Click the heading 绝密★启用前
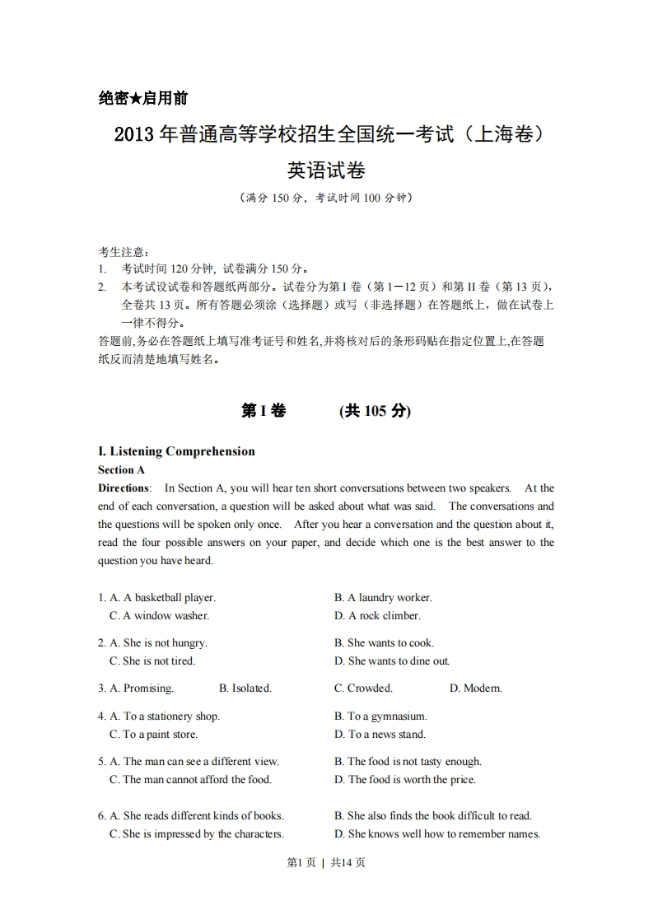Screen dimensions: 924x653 pos(142,99)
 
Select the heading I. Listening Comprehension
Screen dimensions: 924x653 pos(176,451)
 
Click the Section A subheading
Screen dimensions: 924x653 pos(121,469)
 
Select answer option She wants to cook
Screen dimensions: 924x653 pos(390,643)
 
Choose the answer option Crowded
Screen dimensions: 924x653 pos(370,688)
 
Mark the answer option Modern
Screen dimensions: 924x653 pos(482,688)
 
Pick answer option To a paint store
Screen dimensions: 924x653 pos(160,735)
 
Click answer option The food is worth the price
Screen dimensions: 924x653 pos(412,780)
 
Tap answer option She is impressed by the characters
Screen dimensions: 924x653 pos(203,834)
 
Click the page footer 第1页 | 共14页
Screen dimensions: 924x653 pos(326,862)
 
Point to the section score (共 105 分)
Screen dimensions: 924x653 pos(375,411)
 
